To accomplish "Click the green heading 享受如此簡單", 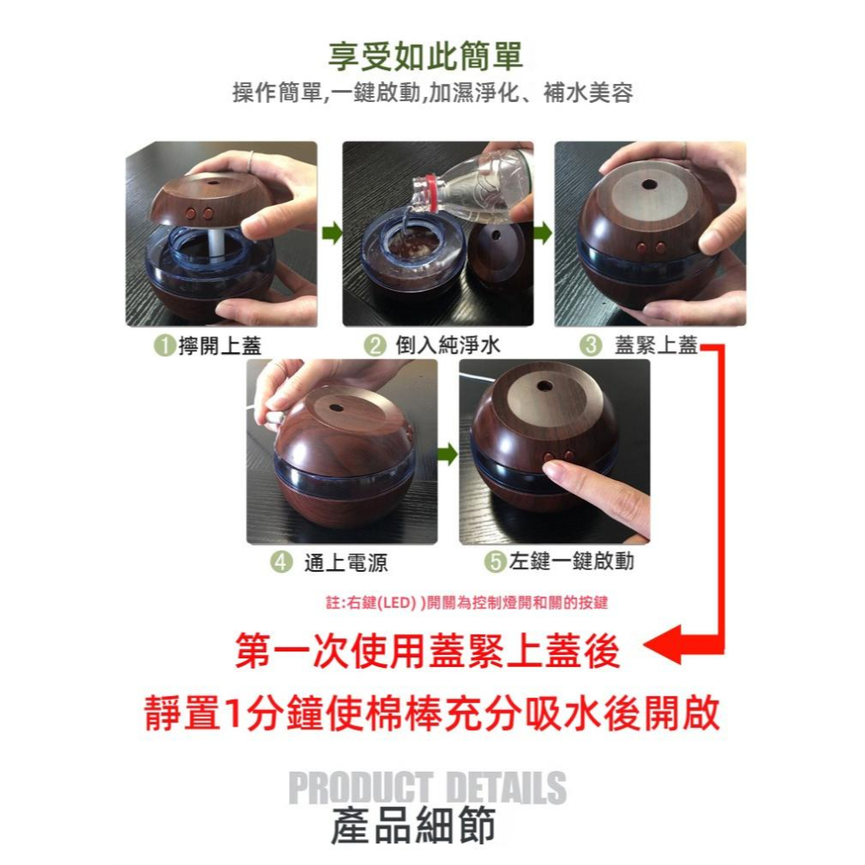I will pos(425,56).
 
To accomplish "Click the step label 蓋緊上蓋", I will pos(655,346).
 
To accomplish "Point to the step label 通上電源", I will pos(345,563).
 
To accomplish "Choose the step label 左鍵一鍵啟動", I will pos(571,561).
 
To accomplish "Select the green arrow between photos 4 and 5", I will pos(447,455).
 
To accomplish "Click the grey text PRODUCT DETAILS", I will pos(426,789).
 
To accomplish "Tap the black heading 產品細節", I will pos(413,825).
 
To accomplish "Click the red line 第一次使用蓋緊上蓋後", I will pos(428,651).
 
